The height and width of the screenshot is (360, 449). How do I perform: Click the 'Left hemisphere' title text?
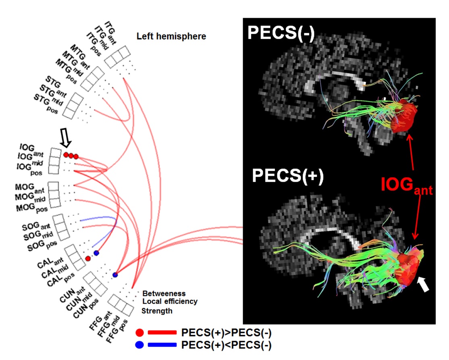171,37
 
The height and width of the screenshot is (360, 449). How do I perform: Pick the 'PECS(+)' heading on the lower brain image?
288,177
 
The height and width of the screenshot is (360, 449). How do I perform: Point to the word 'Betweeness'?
164,293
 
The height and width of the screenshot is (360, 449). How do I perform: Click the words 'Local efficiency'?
170,302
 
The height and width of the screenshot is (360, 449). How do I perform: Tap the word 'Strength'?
157,311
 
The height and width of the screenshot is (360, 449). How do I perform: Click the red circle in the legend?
140,333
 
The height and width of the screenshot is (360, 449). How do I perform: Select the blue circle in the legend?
140,345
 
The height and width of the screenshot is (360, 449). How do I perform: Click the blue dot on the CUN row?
115,275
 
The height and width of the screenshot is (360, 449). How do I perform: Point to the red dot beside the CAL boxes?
88,258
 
